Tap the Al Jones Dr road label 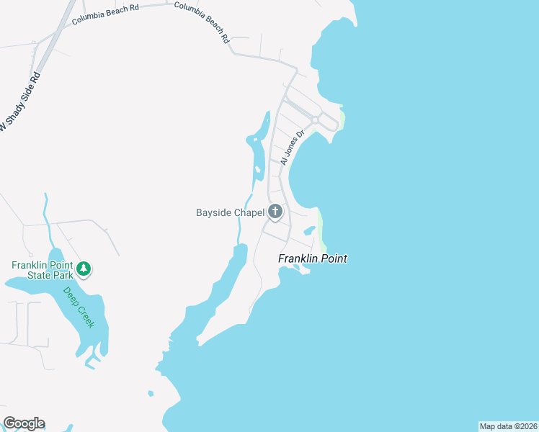click(x=293, y=148)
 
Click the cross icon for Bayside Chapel click(x=275, y=212)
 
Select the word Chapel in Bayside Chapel click(x=246, y=212)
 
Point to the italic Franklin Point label click(x=313, y=258)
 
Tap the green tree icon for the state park click(x=84, y=269)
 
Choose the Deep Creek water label click(x=79, y=307)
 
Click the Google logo click(x=24, y=423)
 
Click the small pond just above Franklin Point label click(x=309, y=230)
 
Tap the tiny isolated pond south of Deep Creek click(x=151, y=393)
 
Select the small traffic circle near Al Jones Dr click(x=316, y=120)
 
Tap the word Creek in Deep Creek click(x=86, y=317)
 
